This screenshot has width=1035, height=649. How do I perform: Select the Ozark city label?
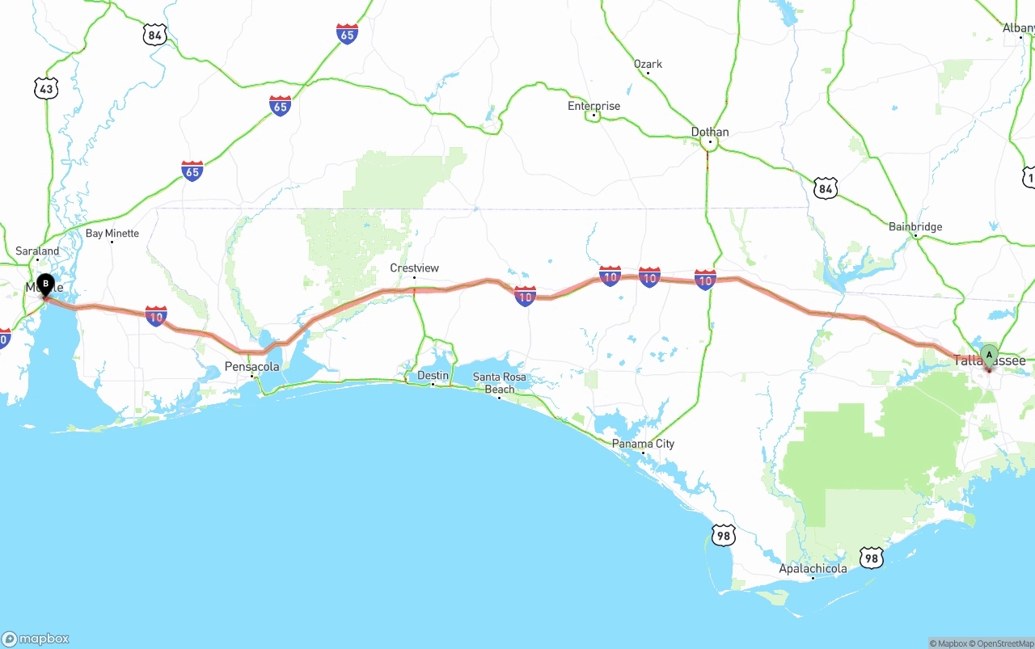pos(648,64)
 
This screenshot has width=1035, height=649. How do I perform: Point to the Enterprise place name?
pos(594,106)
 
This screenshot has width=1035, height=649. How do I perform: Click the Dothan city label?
pos(709,132)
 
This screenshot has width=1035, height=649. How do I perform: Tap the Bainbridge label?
pos(915,226)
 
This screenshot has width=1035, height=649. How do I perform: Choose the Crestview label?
pos(414,268)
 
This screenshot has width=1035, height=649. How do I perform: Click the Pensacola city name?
pos(251,366)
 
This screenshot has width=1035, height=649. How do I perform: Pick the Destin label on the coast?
pos(433,376)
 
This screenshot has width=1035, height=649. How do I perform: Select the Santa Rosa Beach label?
pos(499,383)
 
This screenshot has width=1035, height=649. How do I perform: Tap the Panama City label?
pos(643,444)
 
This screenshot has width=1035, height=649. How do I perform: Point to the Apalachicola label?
pos(813,568)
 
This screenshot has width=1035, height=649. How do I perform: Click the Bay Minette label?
pos(112,233)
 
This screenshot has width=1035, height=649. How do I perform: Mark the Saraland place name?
pos(37,251)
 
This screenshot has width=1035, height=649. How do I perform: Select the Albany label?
pos(1018,27)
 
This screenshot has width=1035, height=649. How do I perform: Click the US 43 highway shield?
pos(46,89)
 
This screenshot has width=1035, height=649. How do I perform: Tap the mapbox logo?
pos(36,638)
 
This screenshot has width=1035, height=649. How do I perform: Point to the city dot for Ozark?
pos(648,74)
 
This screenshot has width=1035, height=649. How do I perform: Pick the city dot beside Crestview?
pos(414,277)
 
